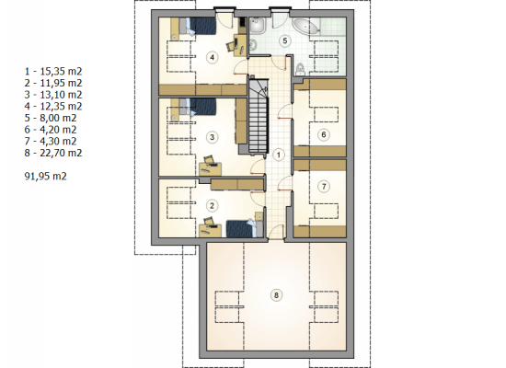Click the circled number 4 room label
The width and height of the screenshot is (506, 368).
click(x=212, y=57)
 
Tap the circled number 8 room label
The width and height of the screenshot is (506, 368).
click(x=276, y=295)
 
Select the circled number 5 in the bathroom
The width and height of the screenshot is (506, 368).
click(x=284, y=40)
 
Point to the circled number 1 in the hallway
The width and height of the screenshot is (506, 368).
click(x=279, y=155)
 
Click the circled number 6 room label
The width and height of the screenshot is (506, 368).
click(x=324, y=134)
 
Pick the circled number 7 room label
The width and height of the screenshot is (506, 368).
click(x=324, y=186)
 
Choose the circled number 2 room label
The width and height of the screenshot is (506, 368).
click(x=212, y=205)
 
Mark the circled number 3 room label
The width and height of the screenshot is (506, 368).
click(x=212, y=137)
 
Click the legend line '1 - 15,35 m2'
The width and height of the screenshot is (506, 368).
click(x=53, y=72)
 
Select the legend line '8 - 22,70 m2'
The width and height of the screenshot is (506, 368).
click(x=53, y=153)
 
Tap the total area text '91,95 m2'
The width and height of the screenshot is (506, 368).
click(x=45, y=177)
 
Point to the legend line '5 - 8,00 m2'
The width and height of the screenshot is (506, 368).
click(x=51, y=118)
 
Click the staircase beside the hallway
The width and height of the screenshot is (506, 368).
click(x=259, y=116)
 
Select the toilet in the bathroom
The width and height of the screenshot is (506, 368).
click(x=300, y=69)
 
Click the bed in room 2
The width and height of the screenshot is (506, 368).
click(x=245, y=228)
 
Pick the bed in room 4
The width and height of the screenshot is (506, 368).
click(x=198, y=26)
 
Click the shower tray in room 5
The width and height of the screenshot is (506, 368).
click(x=258, y=26)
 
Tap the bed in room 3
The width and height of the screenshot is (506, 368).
click(x=198, y=107)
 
